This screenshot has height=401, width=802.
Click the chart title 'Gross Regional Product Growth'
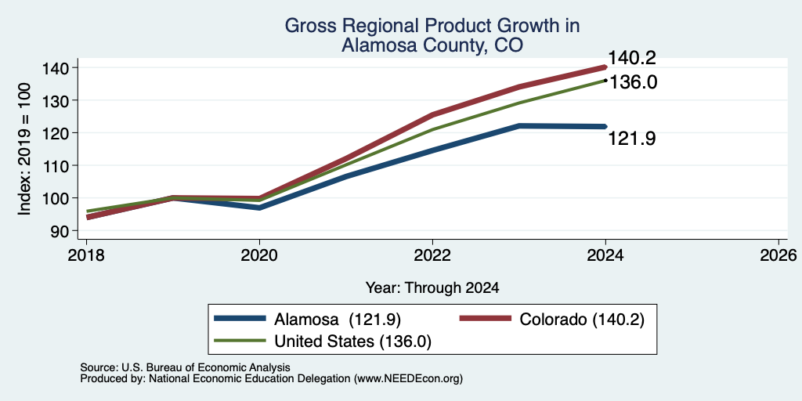[432, 26]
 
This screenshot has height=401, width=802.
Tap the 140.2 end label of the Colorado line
[632, 58]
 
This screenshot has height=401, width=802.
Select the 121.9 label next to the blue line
[632, 139]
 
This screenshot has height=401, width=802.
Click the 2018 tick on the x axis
[86, 255]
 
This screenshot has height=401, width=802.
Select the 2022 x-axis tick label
[432, 255]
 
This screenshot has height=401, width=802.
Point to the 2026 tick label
[779, 255]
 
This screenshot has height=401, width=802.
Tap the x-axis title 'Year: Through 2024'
[432, 288]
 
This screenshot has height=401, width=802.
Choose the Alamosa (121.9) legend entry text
[338, 320]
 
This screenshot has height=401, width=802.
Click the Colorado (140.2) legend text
[582, 320]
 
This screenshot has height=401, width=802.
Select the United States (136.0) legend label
[353, 341]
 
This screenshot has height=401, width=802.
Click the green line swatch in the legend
[240, 341]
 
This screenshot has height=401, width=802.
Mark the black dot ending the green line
[605, 81]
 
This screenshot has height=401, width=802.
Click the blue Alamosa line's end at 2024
[605, 126]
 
